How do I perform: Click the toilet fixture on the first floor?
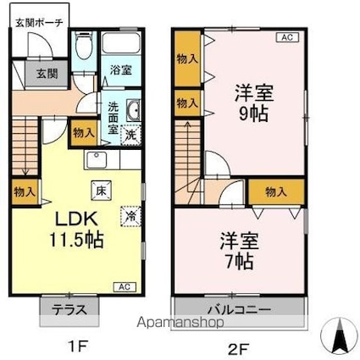[84, 46]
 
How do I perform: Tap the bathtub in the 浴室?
[121, 43]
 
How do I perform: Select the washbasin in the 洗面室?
[133, 110]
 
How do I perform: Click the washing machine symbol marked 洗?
[130, 135]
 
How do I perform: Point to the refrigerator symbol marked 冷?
[130, 217]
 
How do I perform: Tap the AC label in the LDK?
[125, 287]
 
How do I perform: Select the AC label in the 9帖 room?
[287, 37]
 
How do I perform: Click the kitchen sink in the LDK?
[97, 160]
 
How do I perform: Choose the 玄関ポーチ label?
[39, 23]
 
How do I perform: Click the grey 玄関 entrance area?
[47, 74]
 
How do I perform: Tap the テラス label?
[69, 310]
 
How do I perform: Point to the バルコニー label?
[240, 310]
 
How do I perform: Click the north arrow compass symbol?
[339, 336]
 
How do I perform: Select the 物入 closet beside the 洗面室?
[84, 133]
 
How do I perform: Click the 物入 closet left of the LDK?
[25, 192]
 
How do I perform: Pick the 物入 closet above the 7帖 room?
[276, 192]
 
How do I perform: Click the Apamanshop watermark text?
[180, 322]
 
